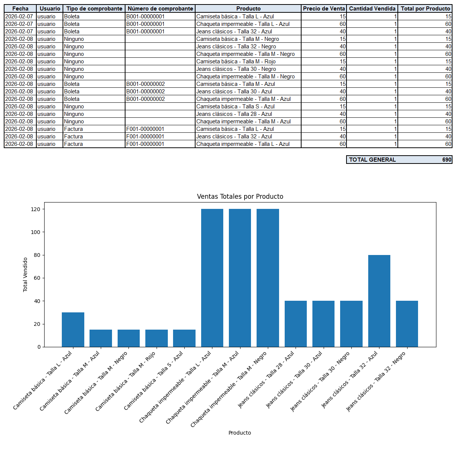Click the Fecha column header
(x=20, y=9)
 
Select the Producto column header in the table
(x=248, y=9)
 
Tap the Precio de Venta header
(x=324, y=9)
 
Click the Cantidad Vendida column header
(x=372, y=9)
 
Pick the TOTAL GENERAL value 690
(x=447, y=160)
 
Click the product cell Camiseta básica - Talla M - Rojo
(x=236, y=61)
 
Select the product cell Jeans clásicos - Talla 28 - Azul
(x=234, y=114)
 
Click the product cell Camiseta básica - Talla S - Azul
(x=235, y=106)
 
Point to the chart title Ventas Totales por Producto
(x=240, y=196)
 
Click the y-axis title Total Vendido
(x=25, y=274)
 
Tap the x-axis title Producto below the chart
(x=240, y=433)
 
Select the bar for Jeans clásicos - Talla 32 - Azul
(x=379, y=301)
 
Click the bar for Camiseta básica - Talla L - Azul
(x=73, y=330)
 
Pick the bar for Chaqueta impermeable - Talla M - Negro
(x=267, y=278)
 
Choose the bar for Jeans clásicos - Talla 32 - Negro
(x=407, y=324)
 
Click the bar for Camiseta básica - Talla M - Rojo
(x=157, y=338)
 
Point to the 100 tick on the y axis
(x=36, y=232)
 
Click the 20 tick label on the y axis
(x=37, y=324)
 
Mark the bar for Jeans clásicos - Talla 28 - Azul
(x=296, y=324)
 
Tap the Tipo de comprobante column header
(x=94, y=9)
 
